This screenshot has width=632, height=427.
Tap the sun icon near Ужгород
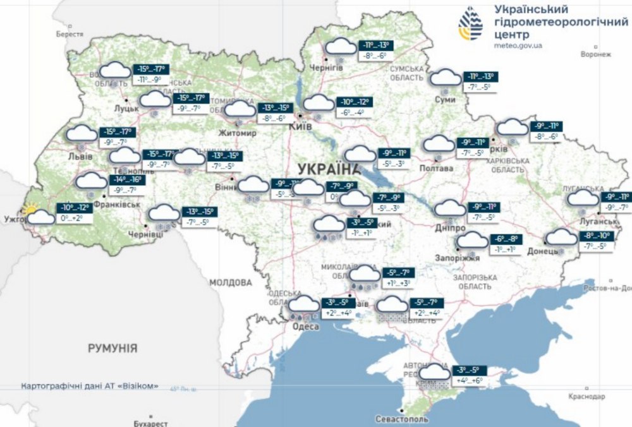tap(30, 209)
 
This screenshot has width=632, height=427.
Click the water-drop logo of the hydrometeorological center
tap(470, 24)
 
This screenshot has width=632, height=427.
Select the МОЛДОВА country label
tap(231, 282)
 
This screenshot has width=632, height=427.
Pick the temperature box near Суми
tap(480, 81)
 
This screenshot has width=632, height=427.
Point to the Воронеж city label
tap(596, 54)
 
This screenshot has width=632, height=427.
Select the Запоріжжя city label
tap(458, 258)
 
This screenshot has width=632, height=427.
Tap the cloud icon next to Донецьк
tap(561, 238)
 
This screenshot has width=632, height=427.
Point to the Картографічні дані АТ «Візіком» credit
tap(90, 386)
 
